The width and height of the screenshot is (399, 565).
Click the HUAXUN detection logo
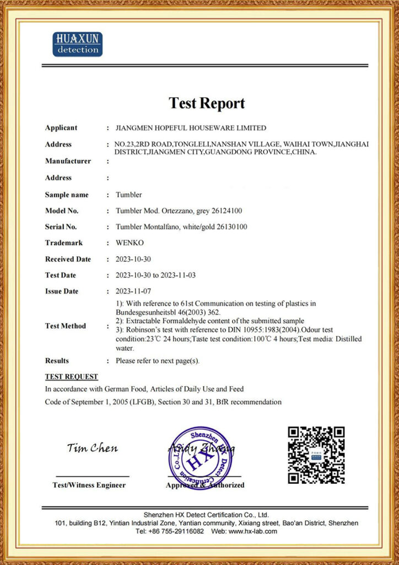tap(77, 44)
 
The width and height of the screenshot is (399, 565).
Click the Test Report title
tap(207, 103)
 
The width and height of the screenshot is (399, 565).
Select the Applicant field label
tap(61, 128)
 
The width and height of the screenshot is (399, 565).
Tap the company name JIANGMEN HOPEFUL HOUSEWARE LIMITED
tap(191, 128)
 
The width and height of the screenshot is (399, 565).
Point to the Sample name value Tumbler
tap(129, 195)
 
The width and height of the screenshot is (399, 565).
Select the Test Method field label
tap(65, 326)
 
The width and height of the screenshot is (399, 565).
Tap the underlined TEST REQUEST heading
tap(72, 377)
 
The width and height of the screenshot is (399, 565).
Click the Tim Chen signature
tap(92, 448)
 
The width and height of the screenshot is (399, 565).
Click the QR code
tap(316, 455)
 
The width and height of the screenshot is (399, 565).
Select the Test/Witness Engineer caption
tap(89, 486)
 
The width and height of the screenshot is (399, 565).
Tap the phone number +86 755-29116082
tap(176, 531)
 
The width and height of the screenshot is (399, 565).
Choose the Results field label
tap(57, 361)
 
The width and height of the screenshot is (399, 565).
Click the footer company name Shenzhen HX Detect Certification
tap(206, 515)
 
